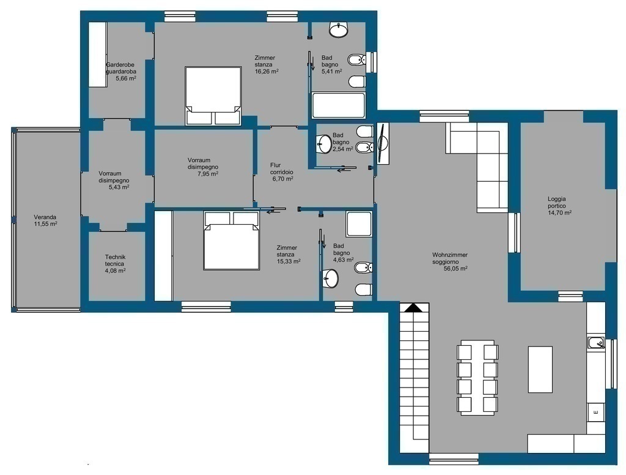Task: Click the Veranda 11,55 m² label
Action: click(x=45, y=221)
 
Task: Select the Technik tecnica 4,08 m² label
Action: click(x=116, y=263)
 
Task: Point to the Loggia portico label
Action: click(x=556, y=203)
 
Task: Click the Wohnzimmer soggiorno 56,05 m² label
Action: click(x=450, y=261)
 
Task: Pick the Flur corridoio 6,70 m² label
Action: click(x=282, y=172)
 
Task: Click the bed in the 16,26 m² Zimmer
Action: click(x=213, y=95)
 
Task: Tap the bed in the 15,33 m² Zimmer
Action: click(x=232, y=241)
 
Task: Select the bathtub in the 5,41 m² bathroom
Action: click(x=339, y=105)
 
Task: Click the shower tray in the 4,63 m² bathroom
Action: click(x=359, y=224)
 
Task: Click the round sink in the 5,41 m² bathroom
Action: click(x=339, y=30)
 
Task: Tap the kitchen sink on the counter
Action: click(x=596, y=343)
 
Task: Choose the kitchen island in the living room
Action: click(x=540, y=370)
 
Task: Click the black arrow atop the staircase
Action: click(x=414, y=307)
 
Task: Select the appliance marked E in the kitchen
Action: click(x=595, y=413)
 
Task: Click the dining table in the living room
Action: click(x=477, y=378)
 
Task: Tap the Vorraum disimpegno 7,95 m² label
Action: click(x=203, y=167)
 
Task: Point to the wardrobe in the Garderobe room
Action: click(x=97, y=54)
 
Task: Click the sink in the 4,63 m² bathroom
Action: click(x=331, y=278)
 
